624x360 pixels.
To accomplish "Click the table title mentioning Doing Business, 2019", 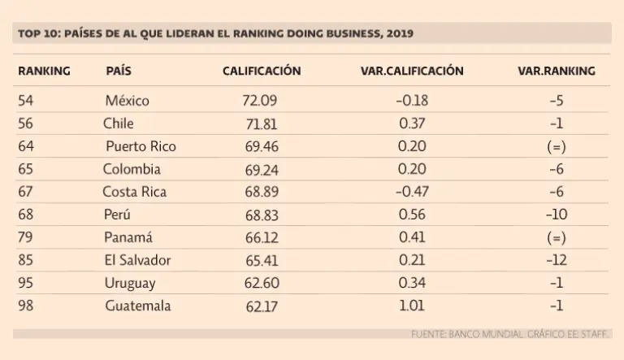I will coord(215,33).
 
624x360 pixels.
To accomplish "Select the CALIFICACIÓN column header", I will coord(262,72).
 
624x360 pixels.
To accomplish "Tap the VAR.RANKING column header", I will coord(556,72).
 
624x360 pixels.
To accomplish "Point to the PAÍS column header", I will coord(119,72).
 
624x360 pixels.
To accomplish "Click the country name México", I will coord(128,102).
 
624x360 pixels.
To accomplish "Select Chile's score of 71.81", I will coord(262,124).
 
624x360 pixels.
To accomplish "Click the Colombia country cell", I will coord(132,170).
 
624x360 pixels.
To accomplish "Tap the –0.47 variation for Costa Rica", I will coord(411,193).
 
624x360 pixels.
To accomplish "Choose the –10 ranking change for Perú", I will coord(557,215).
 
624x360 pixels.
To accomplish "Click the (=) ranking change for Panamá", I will coord(556,238).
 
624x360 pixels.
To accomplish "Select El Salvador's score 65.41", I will coord(262,261).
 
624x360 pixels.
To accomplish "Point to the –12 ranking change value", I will coord(557,261).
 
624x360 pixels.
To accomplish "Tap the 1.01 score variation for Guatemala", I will coord(412,306).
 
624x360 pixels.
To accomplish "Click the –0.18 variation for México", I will coord(411,102).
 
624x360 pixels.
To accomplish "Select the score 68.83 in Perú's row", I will coord(262,215).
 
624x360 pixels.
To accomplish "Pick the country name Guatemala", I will coord(137,306).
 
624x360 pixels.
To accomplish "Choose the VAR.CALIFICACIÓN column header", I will coord(412,72).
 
